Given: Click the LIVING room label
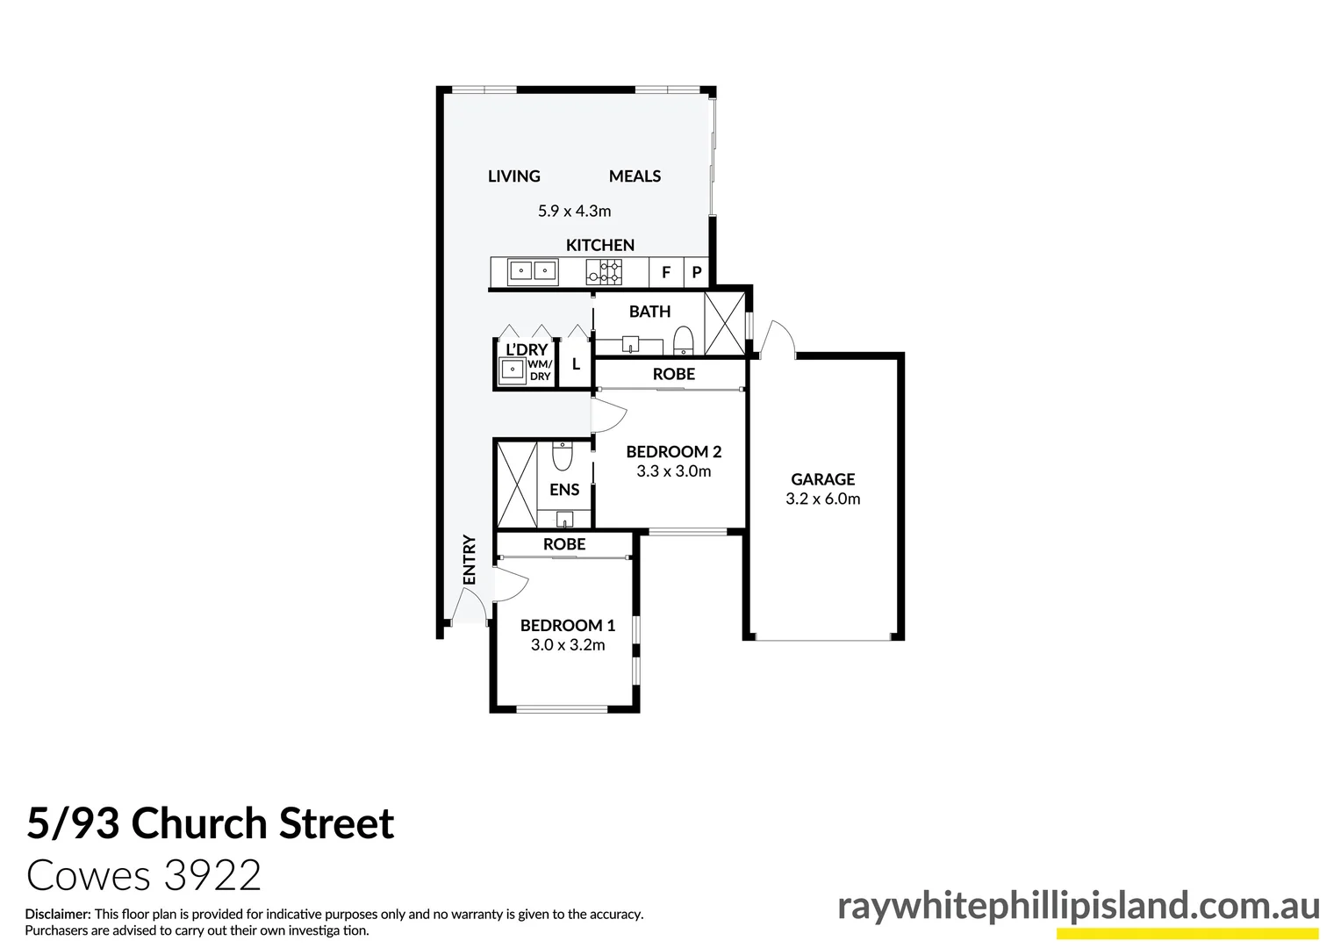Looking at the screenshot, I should point(513,176).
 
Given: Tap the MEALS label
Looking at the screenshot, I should point(635,176).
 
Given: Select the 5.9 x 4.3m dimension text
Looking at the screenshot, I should point(574,211).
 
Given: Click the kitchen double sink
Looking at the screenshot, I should point(533,271).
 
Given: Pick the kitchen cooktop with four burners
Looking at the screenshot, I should point(605,272).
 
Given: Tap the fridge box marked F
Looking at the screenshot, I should point(665,272).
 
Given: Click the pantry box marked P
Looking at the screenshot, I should point(697,272).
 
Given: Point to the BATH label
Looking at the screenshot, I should point(649,312).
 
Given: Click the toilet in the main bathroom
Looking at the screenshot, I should point(684,339).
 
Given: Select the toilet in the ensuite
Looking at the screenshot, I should point(562,456).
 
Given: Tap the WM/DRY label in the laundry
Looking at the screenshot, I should point(540,370).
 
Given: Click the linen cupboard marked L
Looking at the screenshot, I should point(576,364).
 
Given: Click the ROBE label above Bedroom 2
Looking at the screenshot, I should point(673,374).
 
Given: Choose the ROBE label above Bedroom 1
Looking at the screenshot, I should point(563,544).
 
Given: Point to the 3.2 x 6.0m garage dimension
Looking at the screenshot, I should point(822,499).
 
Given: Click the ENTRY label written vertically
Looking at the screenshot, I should point(470,559).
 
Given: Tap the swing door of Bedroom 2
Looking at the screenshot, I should point(607,415).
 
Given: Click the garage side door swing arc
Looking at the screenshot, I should point(777,339).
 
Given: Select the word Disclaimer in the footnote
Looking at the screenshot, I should point(57,914).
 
